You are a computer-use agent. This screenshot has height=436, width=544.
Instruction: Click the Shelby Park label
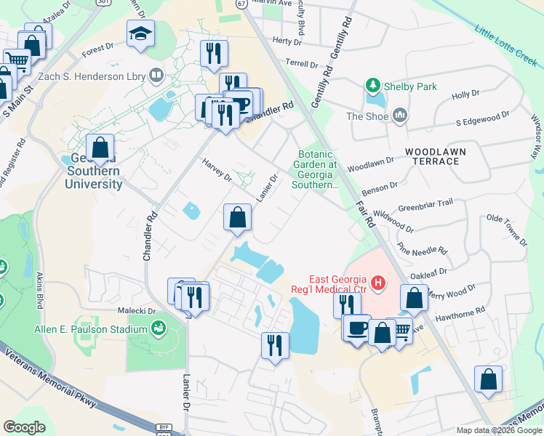tap(411, 86)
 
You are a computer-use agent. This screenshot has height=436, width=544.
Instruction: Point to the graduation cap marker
tap(140, 33)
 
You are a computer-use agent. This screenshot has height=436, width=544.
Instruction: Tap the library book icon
tap(156, 75)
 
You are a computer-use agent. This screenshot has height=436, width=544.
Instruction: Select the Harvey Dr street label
tap(217, 171)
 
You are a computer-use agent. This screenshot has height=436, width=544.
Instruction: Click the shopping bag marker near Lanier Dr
tap(237, 217)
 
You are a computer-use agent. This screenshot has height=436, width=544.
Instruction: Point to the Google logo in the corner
tap(24, 427)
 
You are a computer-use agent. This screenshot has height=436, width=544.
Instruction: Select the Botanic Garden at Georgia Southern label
tap(315, 169)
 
